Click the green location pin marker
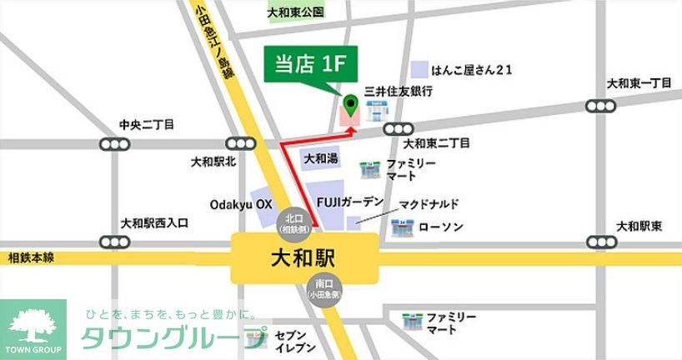(351, 106)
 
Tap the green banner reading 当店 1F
(305, 66)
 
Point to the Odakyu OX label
(240, 203)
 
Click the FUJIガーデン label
(350, 202)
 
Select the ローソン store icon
(404, 226)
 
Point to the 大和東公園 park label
(295, 13)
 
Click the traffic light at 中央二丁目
(114, 144)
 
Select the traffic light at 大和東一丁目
(602, 106)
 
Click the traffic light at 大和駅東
(602, 242)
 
